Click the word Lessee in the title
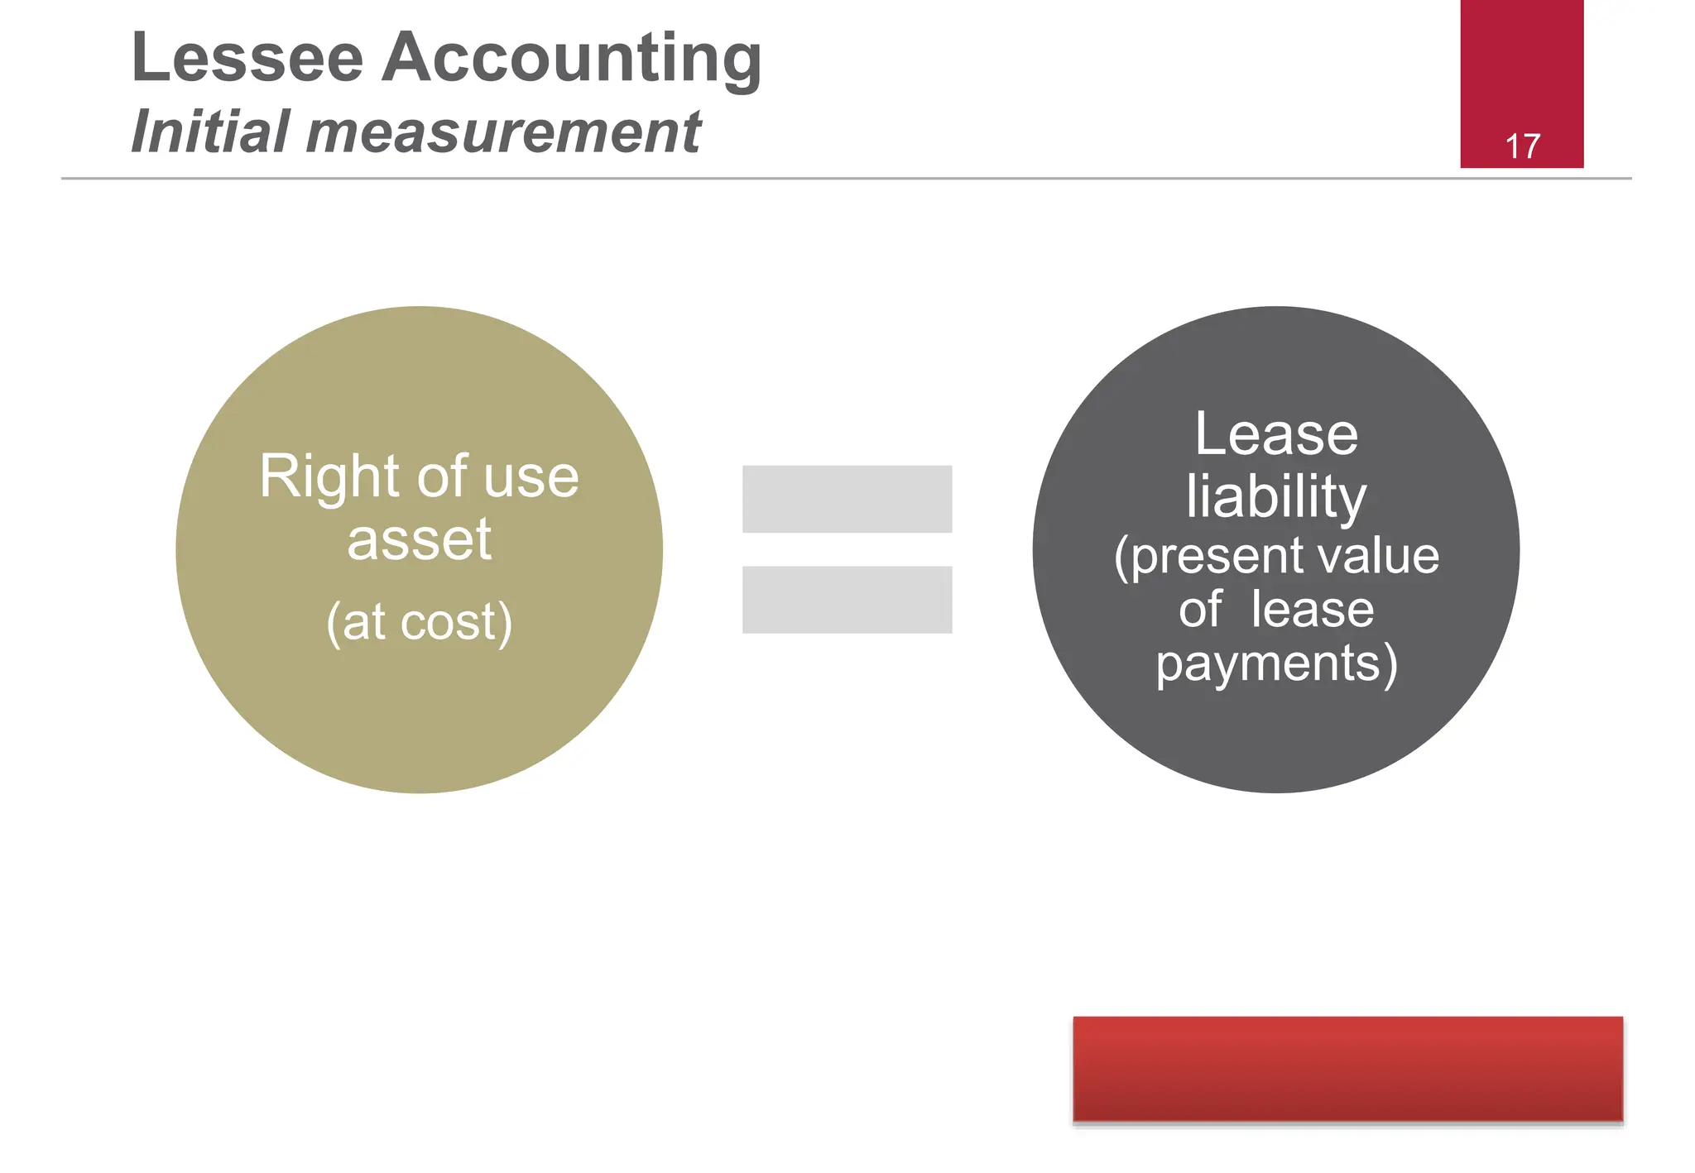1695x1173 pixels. (x=247, y=58)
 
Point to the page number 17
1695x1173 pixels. (x=1522, y=147)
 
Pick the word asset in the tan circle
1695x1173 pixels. (x=419, y=539)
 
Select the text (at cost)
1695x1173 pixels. (x=419, y=622)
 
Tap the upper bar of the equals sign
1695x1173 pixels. (x=847, y=499)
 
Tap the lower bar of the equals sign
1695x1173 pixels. (x=847, y=600)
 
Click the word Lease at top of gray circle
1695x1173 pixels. (x=1275, y=434)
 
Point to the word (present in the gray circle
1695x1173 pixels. (x=1197, y=557)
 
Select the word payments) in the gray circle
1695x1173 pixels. (x=1276, y=664)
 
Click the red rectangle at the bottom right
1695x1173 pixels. (x=1347, y=1069)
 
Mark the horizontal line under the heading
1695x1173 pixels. (x=846, y=178)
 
